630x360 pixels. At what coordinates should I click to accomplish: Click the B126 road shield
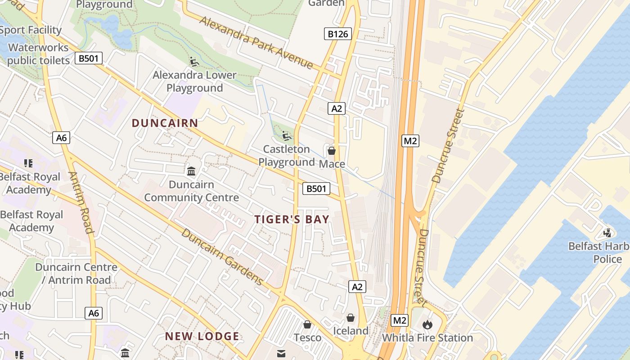pos(337,34)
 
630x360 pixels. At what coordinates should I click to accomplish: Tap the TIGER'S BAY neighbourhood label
pos(292,219)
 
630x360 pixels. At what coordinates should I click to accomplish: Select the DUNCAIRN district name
pos(165,123)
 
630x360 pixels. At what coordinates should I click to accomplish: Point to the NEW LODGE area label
pos(202,336)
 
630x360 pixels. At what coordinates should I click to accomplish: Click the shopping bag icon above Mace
pos(332,151)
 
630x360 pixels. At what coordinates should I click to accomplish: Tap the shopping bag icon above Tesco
pos(307,324)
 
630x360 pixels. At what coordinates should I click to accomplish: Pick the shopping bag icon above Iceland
pos(351,318)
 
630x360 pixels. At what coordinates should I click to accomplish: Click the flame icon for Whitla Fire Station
pos(427,324)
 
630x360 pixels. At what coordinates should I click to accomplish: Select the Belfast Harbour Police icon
pos(607,233)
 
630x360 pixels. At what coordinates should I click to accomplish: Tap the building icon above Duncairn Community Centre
pos(191,171)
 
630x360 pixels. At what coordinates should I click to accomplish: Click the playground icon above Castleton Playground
pos(286,135)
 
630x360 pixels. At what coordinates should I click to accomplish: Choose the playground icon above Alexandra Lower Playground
pos(194,62)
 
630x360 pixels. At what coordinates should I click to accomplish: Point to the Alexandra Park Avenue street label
pos(256,43)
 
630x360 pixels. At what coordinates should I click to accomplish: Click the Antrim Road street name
pos(81,202)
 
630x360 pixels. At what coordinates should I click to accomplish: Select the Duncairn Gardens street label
pos(222,257)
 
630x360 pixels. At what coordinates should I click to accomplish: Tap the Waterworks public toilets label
pos(38,54)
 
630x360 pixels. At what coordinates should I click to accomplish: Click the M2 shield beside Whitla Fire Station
pos(400,320)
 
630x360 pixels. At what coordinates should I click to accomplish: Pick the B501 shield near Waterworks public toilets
pos(89,58)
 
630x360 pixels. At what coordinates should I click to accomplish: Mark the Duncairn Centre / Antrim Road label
pos(76,274)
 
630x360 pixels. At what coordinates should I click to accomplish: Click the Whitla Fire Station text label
pos(427,338)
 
